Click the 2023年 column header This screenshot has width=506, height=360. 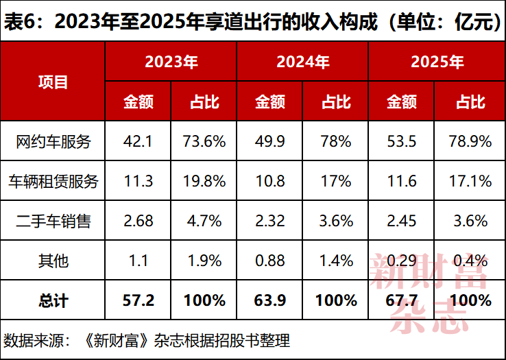point(171,62)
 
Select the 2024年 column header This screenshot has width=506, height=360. point(302,62)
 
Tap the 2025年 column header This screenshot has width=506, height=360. point(437,62)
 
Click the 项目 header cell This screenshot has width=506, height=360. point(53,82)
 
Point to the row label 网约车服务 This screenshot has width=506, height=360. point(53,141)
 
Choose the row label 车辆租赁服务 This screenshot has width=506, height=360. point(53,181)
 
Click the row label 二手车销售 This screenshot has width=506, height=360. point(53,221)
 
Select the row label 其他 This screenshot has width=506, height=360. point(53,261)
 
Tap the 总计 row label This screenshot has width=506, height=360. point(53,300)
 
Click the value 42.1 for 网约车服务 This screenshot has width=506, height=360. point(138,141)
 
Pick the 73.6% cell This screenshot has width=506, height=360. point(204,141)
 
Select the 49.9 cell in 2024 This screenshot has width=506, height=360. point(269,141)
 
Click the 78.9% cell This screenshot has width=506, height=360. point(470,141)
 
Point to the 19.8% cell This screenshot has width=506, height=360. point(204,181)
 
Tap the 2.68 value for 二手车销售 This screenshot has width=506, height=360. point(138,221)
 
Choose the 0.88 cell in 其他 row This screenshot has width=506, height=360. point(269,261)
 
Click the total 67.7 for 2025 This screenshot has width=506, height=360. point(402,300)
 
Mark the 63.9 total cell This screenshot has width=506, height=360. point(269,300)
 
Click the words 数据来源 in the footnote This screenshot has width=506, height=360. point(33,340)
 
